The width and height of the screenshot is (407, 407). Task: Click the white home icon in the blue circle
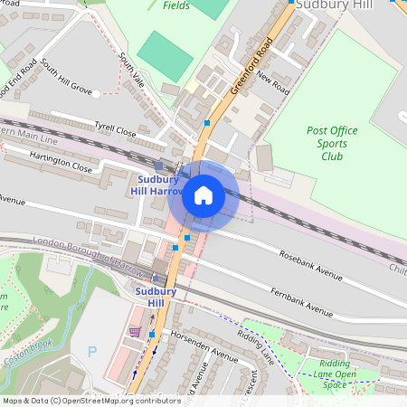click(x=203, y=194)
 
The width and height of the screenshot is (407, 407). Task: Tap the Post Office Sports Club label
click(x=332, y=143)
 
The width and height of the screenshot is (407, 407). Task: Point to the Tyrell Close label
click(x=115, y=131)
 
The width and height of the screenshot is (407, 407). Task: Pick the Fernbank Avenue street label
click(x=302, y=300)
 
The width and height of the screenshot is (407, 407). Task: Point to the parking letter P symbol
click(x=90, y=351)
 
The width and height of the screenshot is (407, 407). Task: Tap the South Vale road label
click(x=131, y=69)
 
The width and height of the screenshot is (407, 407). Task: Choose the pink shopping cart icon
click(x=135, y=332)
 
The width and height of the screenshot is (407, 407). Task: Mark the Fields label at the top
click(x=176, y=5)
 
